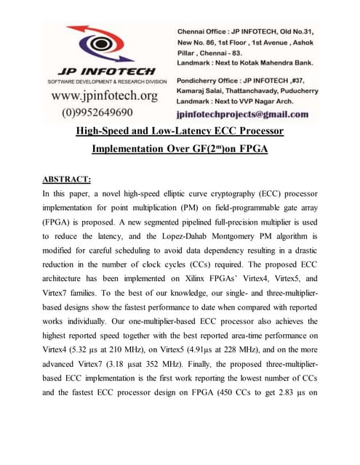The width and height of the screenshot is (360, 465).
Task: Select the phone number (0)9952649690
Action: (x=97, y=112)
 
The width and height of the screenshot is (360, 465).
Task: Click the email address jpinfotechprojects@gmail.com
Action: (x=242, y=114)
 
